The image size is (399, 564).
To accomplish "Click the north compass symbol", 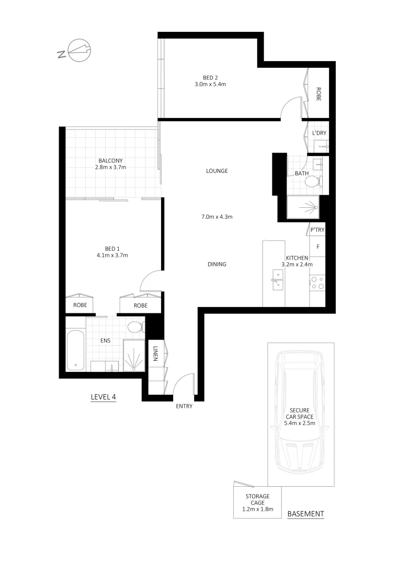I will click(79, 51).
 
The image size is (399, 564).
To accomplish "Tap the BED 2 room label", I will click(210, 78).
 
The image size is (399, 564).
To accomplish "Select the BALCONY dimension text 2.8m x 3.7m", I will click(111, 167).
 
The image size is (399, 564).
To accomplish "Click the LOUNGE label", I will click(216, 171).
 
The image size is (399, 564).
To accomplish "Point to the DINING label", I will click(216, 264).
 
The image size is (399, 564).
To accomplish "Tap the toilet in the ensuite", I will click(135, 327).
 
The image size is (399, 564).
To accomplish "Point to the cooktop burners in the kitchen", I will click(317, 283).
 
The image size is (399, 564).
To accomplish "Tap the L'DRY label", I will click(318, 133).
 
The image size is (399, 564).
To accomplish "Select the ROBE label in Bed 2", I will click(318, 93).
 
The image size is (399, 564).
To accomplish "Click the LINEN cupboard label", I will click(156, 354).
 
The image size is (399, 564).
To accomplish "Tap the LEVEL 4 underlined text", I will click(103, 397).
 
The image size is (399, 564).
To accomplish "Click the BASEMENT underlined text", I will click(306, 514).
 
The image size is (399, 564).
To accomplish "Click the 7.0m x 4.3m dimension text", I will click(216, 216).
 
